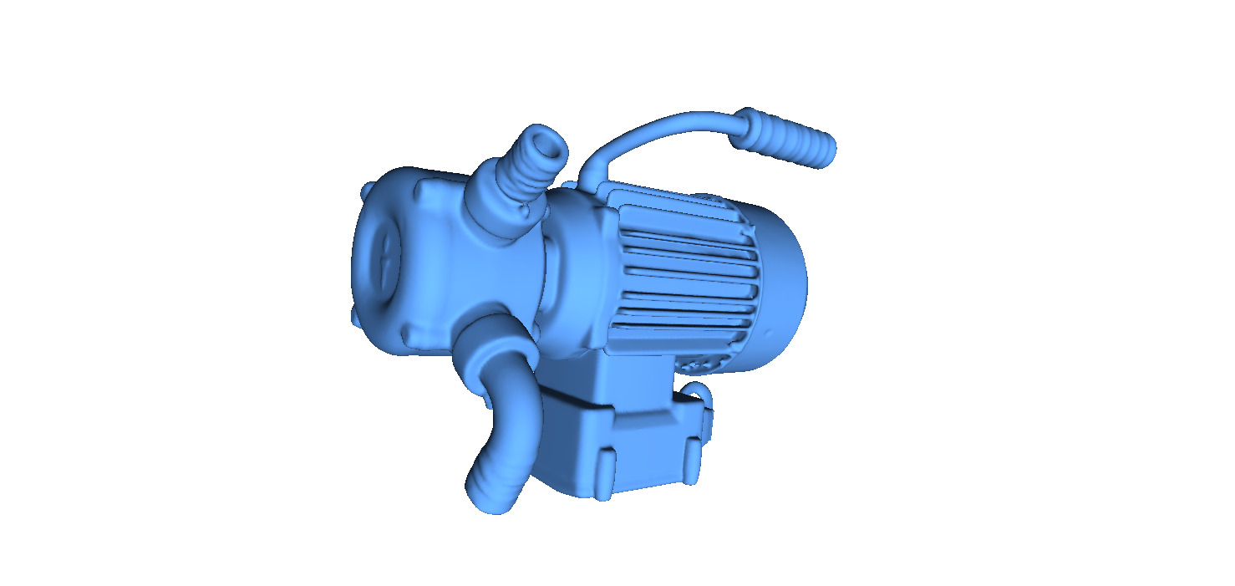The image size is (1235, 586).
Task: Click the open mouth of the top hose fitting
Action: pyautogui.click(x=549, y=145)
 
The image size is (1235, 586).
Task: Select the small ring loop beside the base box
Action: pyautogui.click(x=697, y=390)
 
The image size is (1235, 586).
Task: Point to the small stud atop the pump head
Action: pyautogui.click(x=367, y=191)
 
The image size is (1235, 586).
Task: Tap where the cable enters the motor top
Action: pyautogui.click(x=590, y=179)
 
